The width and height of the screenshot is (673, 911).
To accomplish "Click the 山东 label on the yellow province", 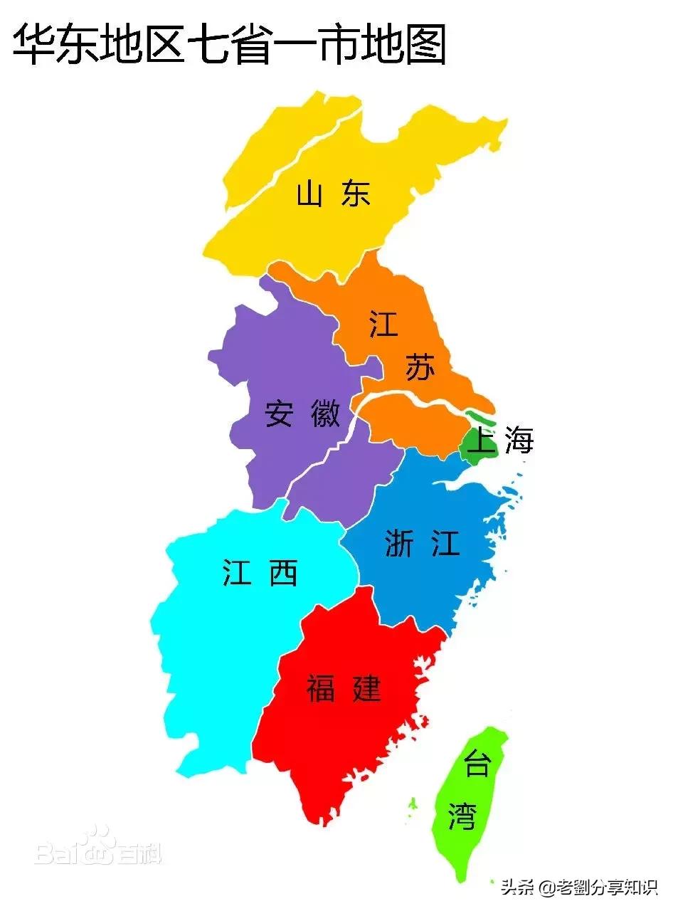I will [334, 194].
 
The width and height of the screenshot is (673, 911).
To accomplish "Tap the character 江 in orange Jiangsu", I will [383, 324].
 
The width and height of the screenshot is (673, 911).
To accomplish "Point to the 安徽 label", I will [302, 414].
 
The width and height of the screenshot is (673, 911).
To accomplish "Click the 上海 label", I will [502, 441].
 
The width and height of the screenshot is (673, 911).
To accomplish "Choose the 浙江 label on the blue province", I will [422, 544].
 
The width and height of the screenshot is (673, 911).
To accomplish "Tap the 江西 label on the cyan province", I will [260, 572].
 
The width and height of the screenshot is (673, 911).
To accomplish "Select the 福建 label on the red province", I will [344, 688].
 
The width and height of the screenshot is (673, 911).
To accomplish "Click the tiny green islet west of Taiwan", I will [412, 804].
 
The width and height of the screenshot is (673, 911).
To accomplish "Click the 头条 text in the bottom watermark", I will [518, 888].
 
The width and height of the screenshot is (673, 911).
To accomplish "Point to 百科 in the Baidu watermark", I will [139, 853].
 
